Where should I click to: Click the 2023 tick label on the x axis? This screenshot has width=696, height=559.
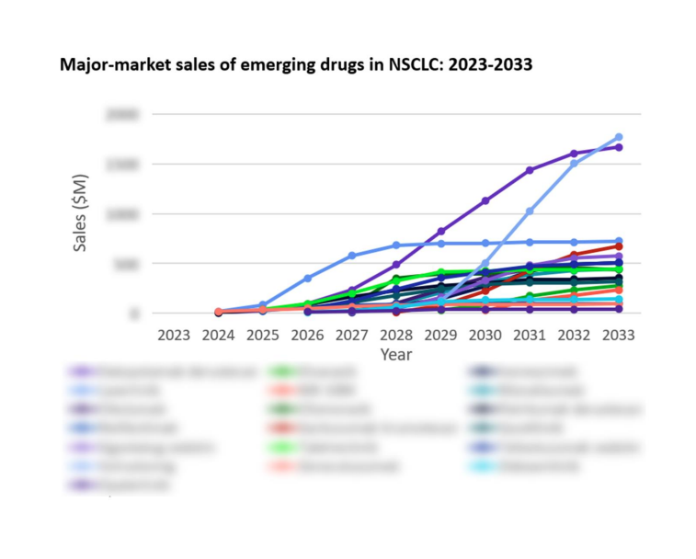coord(174,335)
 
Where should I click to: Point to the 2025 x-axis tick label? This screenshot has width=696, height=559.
coord(263,335)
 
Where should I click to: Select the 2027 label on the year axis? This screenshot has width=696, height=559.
coord(352,335)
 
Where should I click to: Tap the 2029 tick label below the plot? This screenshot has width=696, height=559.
coord(441,335)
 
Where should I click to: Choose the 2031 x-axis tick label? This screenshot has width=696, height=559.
coord(531,335)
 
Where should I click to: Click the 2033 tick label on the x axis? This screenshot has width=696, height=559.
coord(619,335)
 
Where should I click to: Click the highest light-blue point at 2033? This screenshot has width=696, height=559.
coord(619,137)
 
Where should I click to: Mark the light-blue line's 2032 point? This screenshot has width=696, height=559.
coord(575,164)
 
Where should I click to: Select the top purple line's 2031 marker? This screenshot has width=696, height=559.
coord(531,170)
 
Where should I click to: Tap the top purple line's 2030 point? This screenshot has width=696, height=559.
coord(485,200)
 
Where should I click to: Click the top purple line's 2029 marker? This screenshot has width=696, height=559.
coord(441,232)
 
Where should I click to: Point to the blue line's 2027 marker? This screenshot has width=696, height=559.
coord(352,256)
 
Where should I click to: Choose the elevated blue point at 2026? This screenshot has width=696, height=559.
coord(308,278)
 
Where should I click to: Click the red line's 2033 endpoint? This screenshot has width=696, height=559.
coord(619,246)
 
